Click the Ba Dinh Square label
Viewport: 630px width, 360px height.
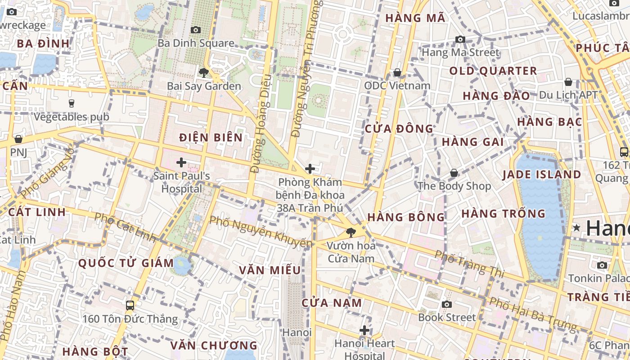[x=196, y=43]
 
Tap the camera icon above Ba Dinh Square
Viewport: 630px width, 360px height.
[x=196, y=30]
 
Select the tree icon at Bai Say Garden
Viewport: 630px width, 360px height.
[x=204, y=72]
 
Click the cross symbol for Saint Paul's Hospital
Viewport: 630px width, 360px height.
[x=181, y=162]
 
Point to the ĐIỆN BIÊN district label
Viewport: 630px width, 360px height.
[x=211, y=137]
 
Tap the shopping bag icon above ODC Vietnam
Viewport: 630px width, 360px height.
[x=397, y=72]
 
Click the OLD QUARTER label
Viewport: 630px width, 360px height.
[x=493, y=71]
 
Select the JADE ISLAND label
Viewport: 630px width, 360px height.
[x=542, y=174]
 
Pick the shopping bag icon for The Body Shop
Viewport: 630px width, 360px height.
[x=454, y=173]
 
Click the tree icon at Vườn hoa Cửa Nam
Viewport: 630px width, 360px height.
[x=351, y=233]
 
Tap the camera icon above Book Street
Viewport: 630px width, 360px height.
[x=446, y=304]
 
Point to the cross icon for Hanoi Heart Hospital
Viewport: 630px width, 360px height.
[x=364, y=331]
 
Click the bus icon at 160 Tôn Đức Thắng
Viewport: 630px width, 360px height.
[x=130, y=306]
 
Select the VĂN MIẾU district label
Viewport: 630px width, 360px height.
[x=270, y=270]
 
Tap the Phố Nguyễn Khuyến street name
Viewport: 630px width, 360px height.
[x=261, y=232]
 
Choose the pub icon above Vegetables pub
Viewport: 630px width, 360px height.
[x=72, y=103]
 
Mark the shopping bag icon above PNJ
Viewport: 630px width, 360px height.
[x=18, y=139]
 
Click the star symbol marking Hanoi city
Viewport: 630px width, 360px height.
[x=576, y=228]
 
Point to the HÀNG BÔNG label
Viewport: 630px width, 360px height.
[x=406, y=217]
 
